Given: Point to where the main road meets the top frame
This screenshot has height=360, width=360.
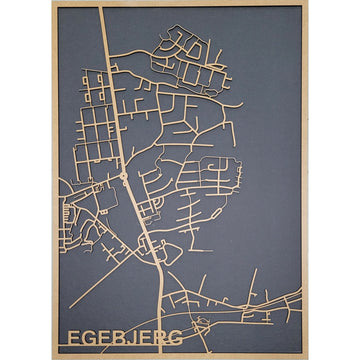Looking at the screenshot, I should point(101,6).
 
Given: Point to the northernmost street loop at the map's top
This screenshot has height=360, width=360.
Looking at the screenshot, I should point(187,40).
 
